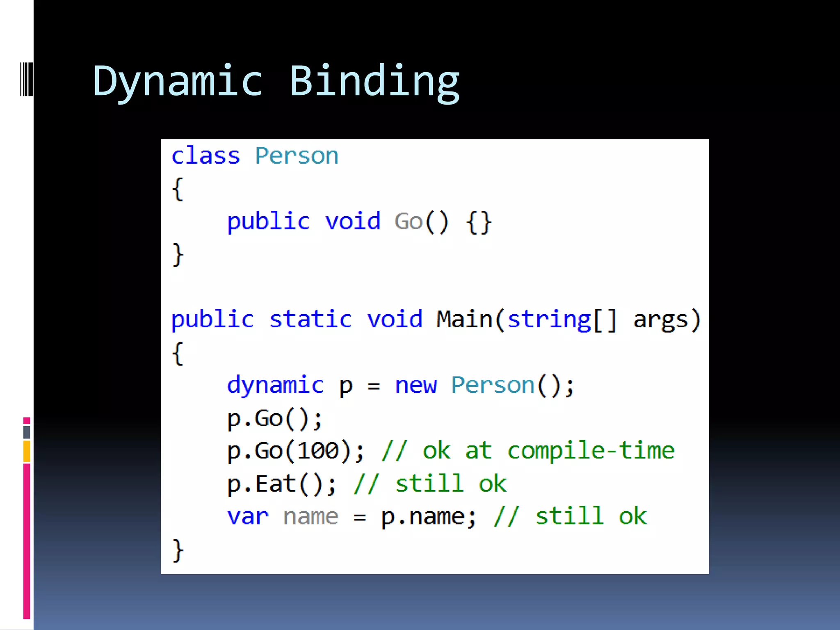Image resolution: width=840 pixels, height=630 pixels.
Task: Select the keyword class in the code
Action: [205, 156]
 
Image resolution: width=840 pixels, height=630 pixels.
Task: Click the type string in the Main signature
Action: [549, 320]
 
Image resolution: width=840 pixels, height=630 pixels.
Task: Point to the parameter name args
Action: [660, 320]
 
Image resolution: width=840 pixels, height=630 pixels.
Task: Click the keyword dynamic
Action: [275, 386]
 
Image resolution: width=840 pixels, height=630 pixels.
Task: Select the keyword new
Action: [415, 386]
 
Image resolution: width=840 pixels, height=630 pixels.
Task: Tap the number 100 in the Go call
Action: [318, 450]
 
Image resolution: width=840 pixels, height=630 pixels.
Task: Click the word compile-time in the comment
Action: [591, 450]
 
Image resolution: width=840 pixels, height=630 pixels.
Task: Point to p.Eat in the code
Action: [261, 484]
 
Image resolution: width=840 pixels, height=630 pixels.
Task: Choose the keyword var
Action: [248, 516]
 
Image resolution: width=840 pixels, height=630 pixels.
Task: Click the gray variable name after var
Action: [310, 516]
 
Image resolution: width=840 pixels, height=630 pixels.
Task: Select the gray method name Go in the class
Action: [408, 221]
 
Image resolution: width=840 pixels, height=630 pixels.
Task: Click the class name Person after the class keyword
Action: [297, 156]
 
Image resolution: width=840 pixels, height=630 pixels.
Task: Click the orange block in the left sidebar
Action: [27, 451]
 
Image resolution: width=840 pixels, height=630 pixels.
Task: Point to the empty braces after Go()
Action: [479, 222]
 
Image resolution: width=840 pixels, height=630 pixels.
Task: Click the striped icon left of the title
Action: [26, 79]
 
